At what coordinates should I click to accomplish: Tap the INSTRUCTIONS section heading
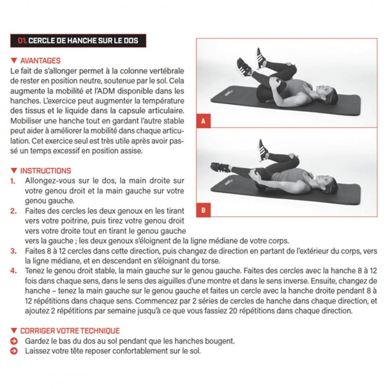click(x=45, y=171)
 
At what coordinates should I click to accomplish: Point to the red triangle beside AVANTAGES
click(x=14, y=61)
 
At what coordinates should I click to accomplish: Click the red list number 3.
click(x=13, y=251)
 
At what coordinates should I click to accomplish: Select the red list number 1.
click(x=13, y=180)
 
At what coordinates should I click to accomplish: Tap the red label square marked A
click(x=203, y=121)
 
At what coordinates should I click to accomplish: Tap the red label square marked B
click(x=203, y=211)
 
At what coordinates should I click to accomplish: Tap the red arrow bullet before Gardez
click(x=14, y=341)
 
